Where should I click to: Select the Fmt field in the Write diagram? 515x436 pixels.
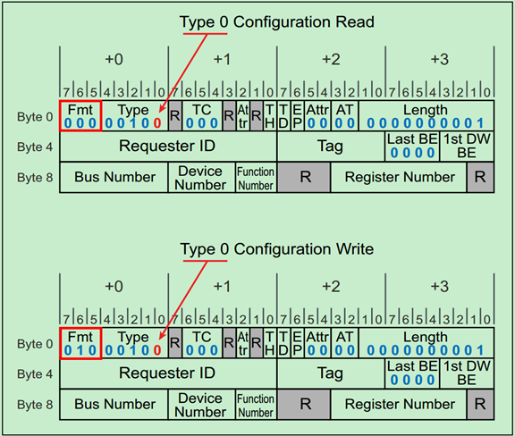click(80, 343)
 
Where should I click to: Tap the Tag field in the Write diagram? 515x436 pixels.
click(331, 373)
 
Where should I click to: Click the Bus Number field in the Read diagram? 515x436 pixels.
click(114, 177)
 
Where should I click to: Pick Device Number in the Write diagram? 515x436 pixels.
click(201, 404)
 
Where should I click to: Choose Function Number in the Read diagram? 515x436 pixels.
click(256, 177)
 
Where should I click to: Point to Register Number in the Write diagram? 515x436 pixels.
click(399, 404)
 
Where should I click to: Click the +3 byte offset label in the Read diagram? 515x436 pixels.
click(439, 59)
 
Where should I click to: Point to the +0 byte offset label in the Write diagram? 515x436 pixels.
click(114, 286)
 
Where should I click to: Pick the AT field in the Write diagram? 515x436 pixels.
click(344, 343)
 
